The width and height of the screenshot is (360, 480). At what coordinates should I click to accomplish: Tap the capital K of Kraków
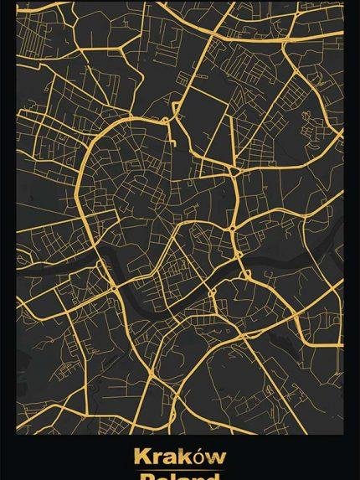(141, 457)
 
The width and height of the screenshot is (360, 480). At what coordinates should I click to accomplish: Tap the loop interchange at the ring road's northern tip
(167, 121)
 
